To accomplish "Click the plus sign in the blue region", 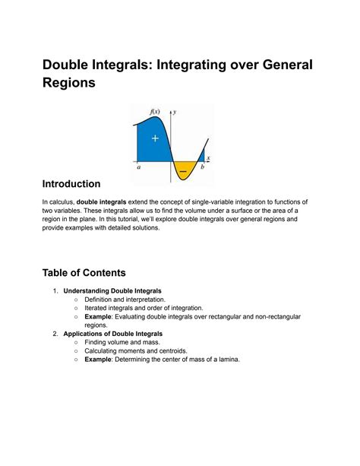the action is [155, 138].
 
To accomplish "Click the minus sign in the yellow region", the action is [183, 172].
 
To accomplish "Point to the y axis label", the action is [176, 112].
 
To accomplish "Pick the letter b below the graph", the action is [201, 168].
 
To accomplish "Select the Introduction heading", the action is [71, 184].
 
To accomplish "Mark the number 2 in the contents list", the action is [55, 334].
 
